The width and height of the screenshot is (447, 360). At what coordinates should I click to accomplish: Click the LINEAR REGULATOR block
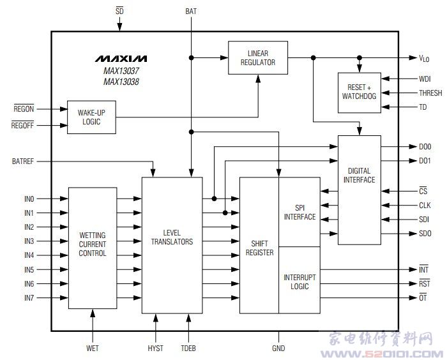tap(258, 57)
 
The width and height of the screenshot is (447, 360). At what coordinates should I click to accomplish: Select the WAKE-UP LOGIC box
tap(91, 116)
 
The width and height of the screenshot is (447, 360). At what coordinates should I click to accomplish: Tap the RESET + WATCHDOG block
tap(359, 92)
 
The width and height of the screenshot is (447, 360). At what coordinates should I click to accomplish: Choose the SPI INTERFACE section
tap(299, 212)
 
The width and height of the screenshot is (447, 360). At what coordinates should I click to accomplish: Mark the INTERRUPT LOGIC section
tap(299, 281)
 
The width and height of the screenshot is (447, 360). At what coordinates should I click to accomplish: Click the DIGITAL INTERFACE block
tap(359, 175)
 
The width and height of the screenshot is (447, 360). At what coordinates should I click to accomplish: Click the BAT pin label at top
tap(191, 11)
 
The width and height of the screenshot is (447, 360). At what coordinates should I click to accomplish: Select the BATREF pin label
tap(23, 161)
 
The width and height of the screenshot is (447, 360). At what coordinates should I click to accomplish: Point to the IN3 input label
tap(29, 241)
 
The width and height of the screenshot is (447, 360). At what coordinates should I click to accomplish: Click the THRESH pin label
tap(430, 93)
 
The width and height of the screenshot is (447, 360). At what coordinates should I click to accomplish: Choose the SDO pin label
tap(425, 234)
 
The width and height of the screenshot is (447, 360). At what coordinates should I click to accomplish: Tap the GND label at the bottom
tap(278, 348)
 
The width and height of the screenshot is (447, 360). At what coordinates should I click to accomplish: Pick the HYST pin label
tap(155, 348)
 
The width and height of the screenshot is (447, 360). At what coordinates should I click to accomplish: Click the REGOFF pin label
tap(23, 125)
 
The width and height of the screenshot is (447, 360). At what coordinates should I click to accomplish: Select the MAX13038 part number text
tap(121, 82)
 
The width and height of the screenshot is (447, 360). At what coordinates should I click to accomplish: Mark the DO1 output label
tap(425, 161)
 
